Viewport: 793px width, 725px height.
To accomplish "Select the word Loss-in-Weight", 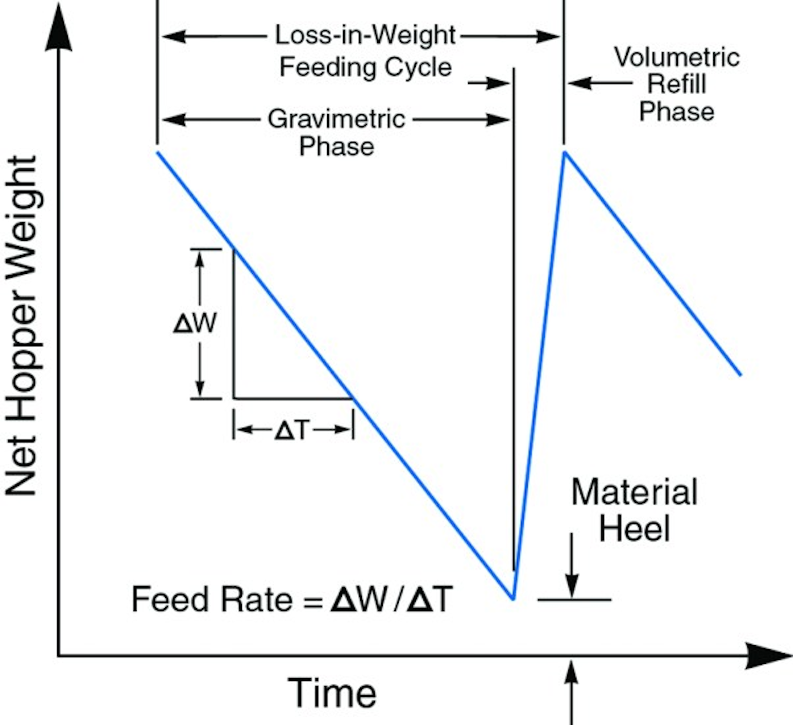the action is pos(365,35).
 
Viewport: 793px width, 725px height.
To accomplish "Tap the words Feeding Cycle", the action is pos(365,67).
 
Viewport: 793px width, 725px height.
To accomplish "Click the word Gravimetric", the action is pos(336,118).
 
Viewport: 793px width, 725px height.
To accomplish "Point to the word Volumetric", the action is pos(677,57).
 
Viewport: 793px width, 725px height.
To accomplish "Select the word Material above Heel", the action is pos(634,491).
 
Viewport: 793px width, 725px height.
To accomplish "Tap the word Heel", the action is pos(634,527).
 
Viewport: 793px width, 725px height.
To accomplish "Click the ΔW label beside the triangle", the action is pos(195,323).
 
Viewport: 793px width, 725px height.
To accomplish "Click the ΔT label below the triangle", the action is pos(291,430).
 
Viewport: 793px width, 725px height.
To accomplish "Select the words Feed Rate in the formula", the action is pos(211,599).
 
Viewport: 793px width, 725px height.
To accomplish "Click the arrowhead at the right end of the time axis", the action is pos(768,656).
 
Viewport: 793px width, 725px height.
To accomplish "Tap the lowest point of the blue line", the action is pos(513,599).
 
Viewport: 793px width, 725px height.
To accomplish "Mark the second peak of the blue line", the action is pos(565,152).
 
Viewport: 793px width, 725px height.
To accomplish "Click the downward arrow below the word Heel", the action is pos(571,566).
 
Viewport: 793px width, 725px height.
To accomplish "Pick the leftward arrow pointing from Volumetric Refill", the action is pos(600,83).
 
